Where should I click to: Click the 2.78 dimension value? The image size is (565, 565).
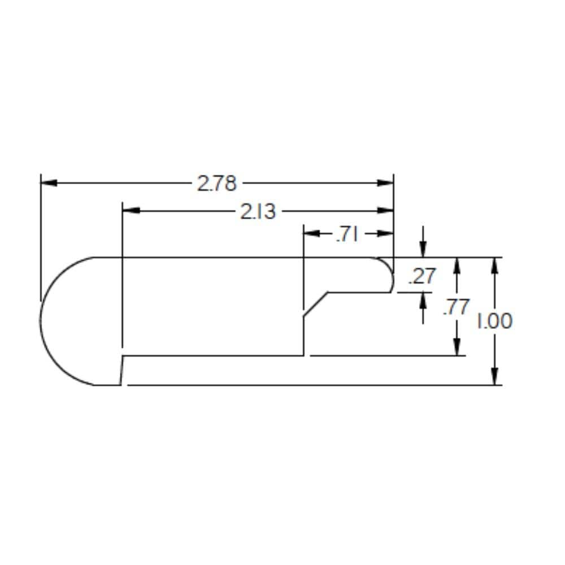click(217, 183)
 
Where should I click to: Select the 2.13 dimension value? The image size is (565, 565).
click(259, 211)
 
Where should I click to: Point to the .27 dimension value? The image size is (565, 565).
click(422, 276)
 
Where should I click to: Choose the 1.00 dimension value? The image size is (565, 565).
click(494, 321)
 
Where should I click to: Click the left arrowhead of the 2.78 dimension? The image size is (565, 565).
click(49, 183)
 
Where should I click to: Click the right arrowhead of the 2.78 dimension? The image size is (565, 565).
click(386, 183)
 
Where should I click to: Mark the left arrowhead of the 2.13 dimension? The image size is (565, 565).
click(131, 211)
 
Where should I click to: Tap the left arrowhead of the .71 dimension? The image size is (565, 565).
click(311, 233)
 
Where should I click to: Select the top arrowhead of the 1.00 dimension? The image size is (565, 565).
click(494, 265)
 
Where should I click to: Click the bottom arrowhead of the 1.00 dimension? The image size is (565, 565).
click(494, 377)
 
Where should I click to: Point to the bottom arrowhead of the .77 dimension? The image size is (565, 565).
click(457, 347)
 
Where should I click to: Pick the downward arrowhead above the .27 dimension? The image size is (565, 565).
click(423, 249)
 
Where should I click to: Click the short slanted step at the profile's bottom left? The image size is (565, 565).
click(121, 371)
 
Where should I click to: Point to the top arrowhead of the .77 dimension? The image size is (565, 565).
click(457, 265)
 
